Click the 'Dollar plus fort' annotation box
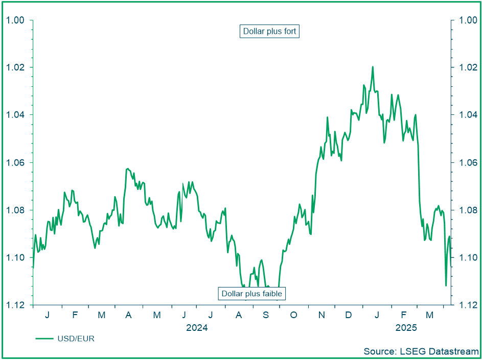[269, 31]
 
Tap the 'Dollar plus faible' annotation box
[251, 294]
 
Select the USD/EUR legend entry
[65, 339]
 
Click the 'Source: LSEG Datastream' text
[421, 351]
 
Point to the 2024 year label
[197, 327]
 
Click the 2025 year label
[406, 327]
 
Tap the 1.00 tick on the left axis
[15, 20]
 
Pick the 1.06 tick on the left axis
[15, 162]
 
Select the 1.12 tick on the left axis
[15, 305]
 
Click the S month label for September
[266, 315]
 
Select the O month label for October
[293, 315]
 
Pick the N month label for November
[321, 315]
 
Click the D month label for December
[348, 315]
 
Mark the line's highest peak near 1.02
[373, 67]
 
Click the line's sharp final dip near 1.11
[446, 285]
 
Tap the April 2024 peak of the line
[127, 168]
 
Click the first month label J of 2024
[47, 315]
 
